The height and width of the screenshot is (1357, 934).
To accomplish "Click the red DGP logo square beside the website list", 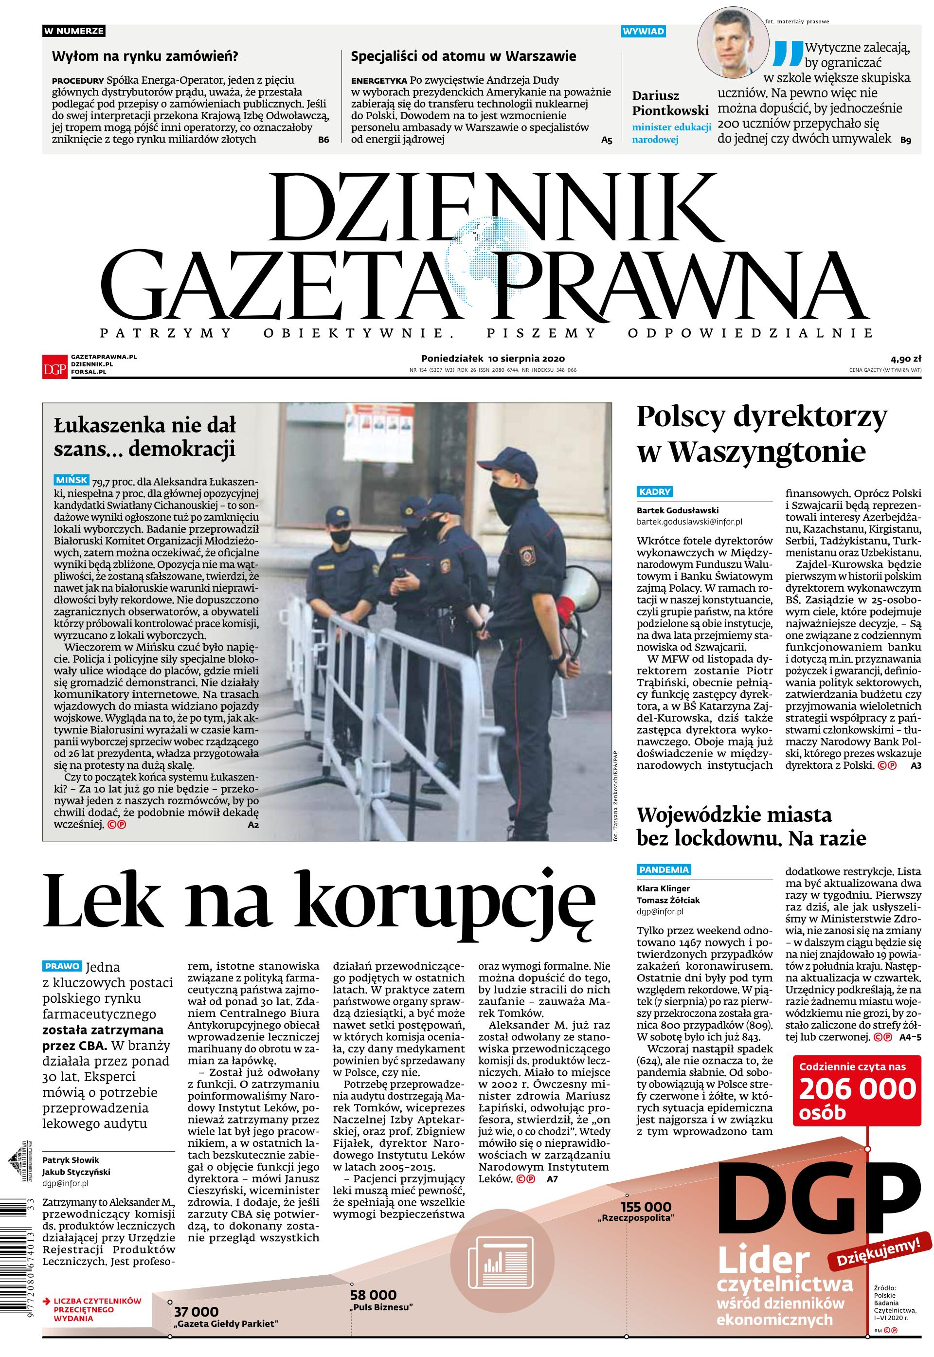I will pos(54,366).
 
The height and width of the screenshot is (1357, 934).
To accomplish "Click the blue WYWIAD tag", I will pos(644,31).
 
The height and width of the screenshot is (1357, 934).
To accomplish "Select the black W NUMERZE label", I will pos(74,31).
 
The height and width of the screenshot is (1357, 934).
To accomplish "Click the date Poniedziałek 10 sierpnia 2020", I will pos(493,358).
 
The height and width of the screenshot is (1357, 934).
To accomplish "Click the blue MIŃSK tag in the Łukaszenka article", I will pos(71,480).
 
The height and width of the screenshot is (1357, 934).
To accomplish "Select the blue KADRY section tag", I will pos(655,491).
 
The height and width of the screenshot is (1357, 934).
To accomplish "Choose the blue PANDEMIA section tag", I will pos(664,869).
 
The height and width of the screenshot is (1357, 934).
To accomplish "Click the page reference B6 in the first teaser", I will pos(323,140).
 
